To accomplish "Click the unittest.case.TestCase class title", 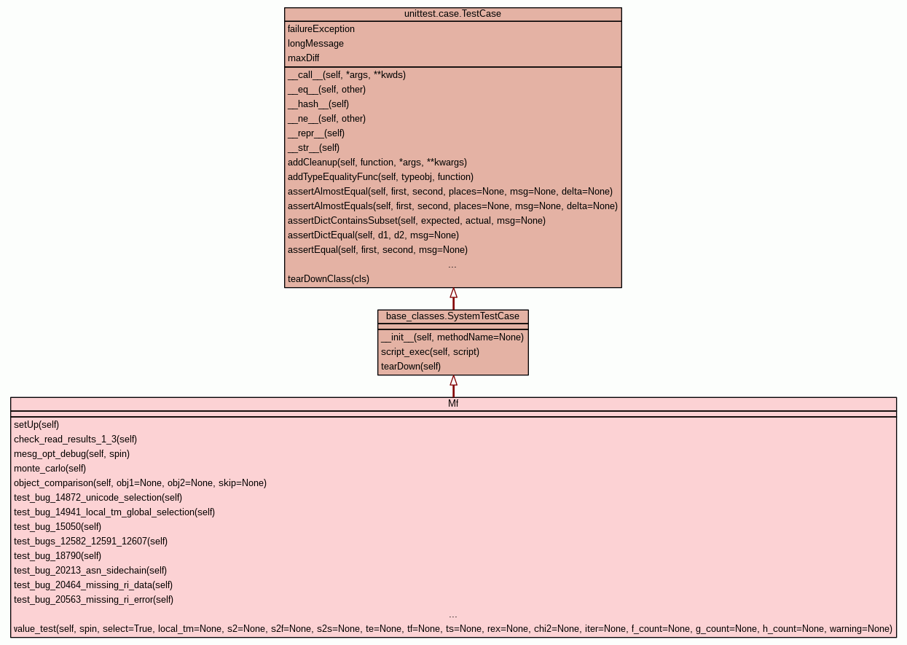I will [x=452, y=14].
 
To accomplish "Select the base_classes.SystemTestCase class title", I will [x=452, y=316].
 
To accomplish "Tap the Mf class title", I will [x=452, y=404].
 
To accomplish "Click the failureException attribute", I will [x=321, y=29].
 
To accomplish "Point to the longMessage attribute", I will [x=315, y=44].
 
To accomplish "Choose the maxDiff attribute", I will [x=303, y=58].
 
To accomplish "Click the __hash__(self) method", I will [x=318, y=104].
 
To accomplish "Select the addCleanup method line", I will [x=377, y=163].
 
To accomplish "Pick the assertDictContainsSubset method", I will [x=417, y=221].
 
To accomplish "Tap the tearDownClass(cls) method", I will [x=329, y=279].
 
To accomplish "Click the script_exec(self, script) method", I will [x=430, y=352].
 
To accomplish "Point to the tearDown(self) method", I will [x=411, y=367].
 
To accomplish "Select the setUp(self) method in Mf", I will [x=36, y=425].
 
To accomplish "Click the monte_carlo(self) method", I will [x=50, y=469].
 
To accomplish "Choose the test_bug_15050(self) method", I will [x=58, y=527].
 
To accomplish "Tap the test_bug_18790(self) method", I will [x=58, y=556].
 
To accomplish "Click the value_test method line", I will [x=452, y=629].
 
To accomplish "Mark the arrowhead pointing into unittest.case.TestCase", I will [x=453, y=293].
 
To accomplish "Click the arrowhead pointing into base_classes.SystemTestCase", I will [x=453, y=380].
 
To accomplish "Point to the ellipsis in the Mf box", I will [x=452, y=615].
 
